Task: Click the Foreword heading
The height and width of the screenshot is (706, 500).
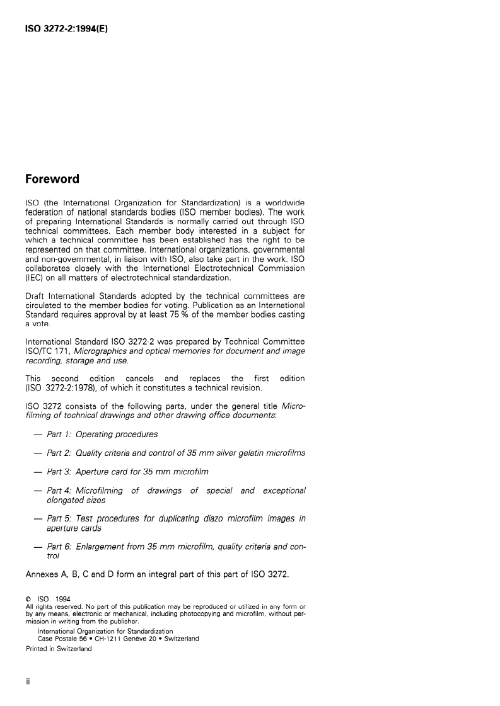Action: point(52,179)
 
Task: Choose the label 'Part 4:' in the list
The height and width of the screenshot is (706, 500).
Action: point(60,490)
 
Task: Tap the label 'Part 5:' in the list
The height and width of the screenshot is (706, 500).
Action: point(60,518)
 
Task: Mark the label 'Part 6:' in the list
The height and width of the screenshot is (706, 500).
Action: point(60,547)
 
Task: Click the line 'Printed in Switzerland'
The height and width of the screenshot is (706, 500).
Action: point(59,649)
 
